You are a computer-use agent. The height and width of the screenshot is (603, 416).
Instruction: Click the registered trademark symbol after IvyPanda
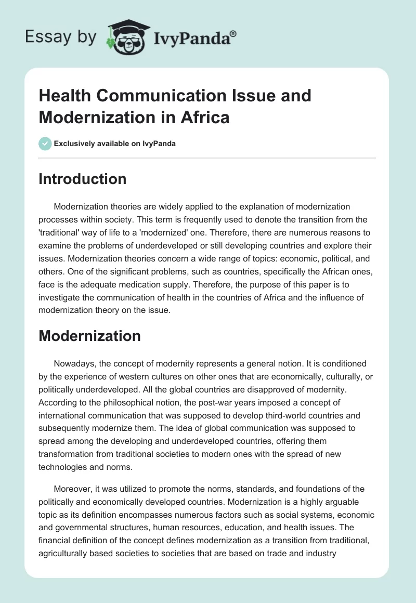(233, 33)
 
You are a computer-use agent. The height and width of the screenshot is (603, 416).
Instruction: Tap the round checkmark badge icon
(45, 143)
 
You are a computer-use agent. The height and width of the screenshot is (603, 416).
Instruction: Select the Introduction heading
(83, 179)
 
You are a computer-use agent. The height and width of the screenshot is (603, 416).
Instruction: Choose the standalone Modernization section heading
(89, 335)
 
